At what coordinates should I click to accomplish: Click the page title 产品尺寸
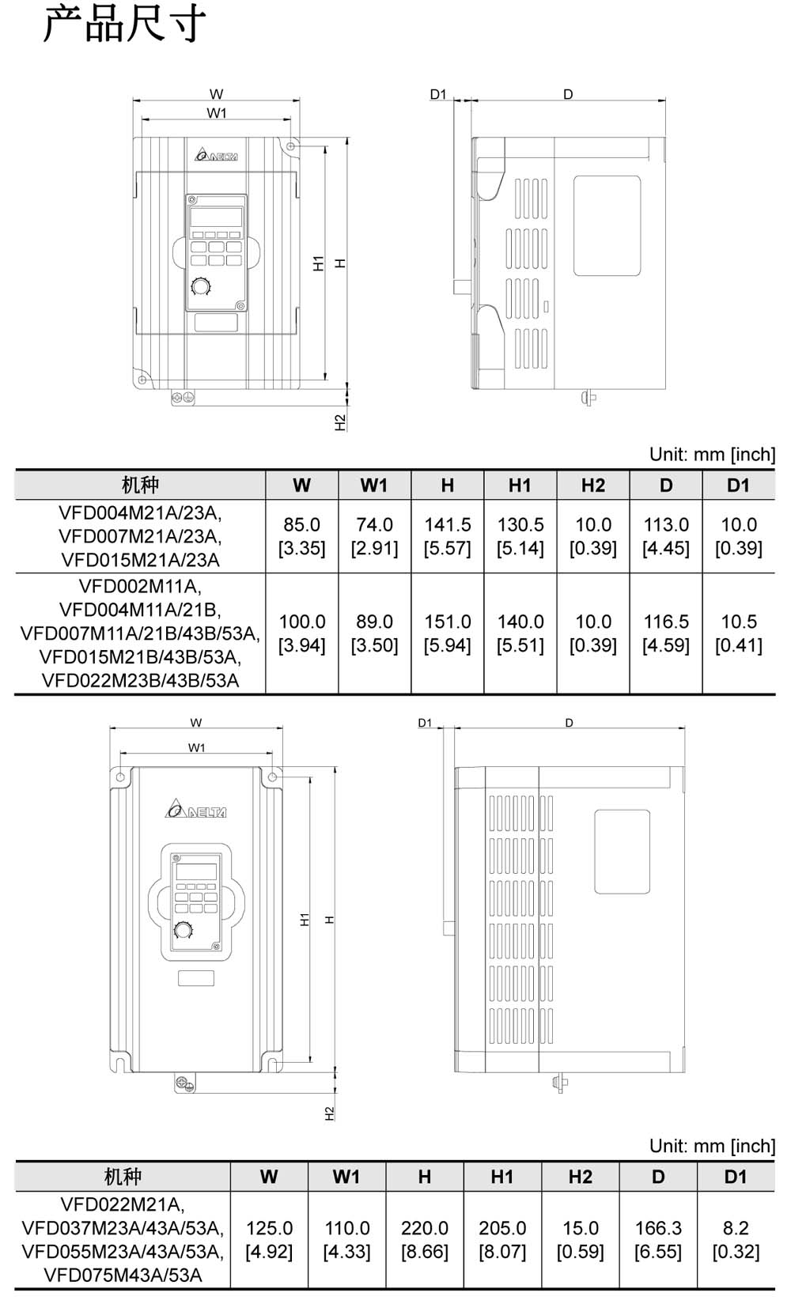(x=124, y=25)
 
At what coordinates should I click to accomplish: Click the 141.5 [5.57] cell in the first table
(x=447, y=536)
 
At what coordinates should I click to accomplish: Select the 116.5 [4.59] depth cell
(x=665, y=633)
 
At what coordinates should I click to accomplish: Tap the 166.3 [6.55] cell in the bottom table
(x=657, y=1240)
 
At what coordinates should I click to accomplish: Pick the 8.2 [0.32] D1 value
(x=735, y=1240)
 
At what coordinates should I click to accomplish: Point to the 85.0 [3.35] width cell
(x=301, y=536)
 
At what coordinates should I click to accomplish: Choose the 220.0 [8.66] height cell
(x=424, y=1240)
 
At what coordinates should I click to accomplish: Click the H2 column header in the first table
(x=592, y=486)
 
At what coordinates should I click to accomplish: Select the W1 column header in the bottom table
(x=346, y=1177)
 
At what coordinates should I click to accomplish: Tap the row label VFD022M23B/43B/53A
(x=140, y=681)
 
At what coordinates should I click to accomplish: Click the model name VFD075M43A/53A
(x=123, y=1275)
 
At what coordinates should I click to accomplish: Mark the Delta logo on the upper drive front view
(x=216, y=154)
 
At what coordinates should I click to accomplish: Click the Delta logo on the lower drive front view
(x=196, y=810)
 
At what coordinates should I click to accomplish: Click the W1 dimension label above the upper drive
(x=216, y=113)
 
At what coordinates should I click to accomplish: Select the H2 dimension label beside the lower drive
(x=330, y=1113)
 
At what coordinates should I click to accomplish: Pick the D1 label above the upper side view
(x=438, y=94)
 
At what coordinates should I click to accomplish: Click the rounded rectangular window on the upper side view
(x=607, y=226)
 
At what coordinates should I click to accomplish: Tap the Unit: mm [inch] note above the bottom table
(x=712, y=1146)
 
